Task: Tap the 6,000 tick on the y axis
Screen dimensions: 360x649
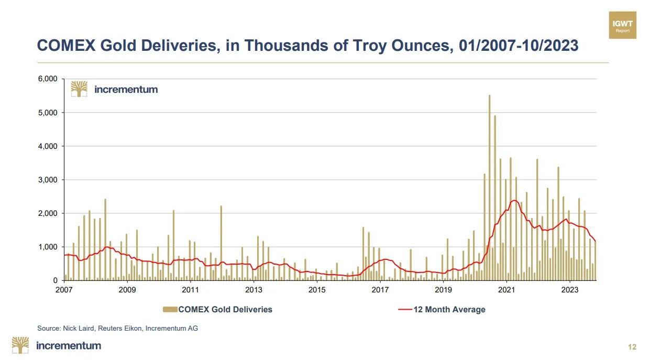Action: point(47,79)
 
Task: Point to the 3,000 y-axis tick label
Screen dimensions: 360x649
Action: point(47,180)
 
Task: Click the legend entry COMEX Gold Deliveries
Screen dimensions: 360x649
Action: point(225,310)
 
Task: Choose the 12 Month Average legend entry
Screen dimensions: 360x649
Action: point(449,310)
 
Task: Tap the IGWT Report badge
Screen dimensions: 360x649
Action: point(623,25)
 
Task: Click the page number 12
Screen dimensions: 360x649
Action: point(632,347)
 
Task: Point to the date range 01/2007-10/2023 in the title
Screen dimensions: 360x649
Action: point(519,46)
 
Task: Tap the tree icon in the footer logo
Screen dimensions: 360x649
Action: point(21,345)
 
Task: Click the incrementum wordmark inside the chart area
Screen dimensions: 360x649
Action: point(126,90)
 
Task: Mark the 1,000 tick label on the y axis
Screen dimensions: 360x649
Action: point(47,247)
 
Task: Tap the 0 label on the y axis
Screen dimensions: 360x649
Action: point(55,280)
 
